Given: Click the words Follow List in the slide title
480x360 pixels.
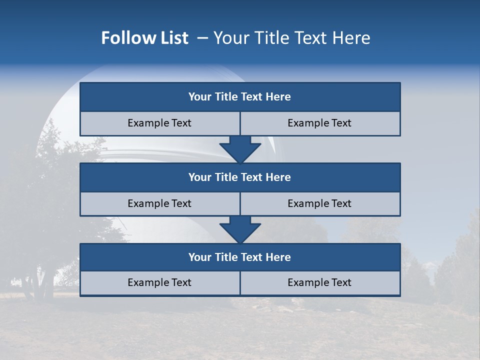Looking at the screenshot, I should (144, 38).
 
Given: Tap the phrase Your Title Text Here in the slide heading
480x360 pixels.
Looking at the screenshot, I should (292, 38).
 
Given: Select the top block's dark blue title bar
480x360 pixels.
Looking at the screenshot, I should (240, 97).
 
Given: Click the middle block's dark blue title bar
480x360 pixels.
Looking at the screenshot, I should (240, 177).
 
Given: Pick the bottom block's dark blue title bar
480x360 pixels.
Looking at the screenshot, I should (240, 257).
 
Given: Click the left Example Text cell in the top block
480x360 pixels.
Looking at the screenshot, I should (159, 123).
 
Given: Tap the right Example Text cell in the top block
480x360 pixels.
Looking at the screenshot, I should (319, 123).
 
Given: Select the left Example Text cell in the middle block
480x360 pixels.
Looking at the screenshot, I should (159, 203).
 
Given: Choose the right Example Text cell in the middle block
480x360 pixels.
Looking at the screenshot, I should (319, 203).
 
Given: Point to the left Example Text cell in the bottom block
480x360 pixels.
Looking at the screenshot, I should (159, 282).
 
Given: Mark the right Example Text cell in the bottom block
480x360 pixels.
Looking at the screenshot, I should (319, 282).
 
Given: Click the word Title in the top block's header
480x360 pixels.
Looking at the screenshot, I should (226, 97).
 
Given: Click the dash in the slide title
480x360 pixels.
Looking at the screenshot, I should (202, 38).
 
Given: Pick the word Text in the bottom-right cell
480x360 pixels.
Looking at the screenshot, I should (341, 282).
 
